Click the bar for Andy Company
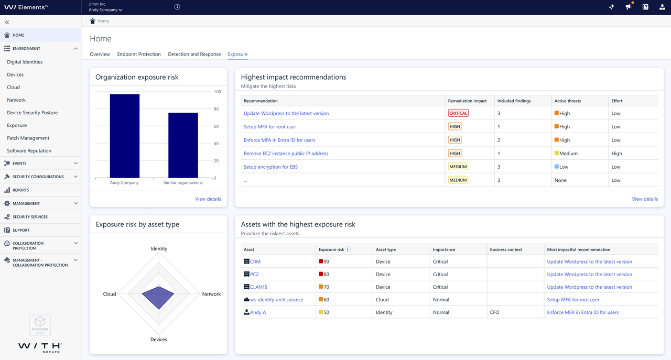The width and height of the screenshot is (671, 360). click(124, 136)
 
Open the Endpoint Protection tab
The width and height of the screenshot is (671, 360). click(139, 54)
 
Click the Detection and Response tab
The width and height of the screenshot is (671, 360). click(194, 54)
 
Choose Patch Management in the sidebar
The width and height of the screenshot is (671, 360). click(28, 138)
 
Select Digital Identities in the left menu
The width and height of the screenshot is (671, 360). click(25, 62)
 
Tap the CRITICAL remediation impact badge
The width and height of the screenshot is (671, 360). click(458, 113)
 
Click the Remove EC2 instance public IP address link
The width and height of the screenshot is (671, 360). click(286, 154)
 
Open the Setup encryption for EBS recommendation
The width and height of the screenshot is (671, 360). click(270, 167)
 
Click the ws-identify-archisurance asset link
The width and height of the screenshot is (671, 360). click(276, 300)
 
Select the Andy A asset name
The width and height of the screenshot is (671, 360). click(258, 312)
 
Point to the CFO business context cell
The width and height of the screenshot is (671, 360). click(494, 312)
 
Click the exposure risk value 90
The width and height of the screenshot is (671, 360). click(326, 261)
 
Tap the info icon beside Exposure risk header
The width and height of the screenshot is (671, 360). click(348, 249)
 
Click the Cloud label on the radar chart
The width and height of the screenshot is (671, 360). click(110, 294)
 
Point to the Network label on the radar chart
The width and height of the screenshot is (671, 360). click(211, 294)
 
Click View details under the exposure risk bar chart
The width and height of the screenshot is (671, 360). click(208, 199)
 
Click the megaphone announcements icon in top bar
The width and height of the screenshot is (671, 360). click(628, 7)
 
